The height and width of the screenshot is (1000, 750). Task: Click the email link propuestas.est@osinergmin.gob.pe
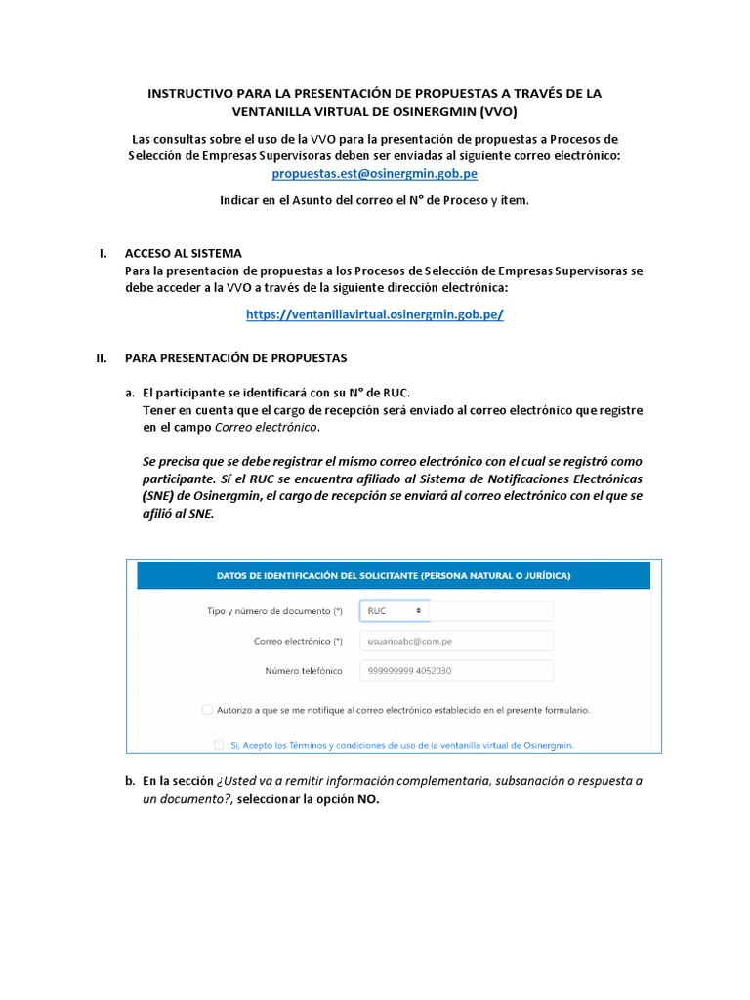374,174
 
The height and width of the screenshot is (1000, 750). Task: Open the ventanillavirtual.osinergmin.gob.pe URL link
374,314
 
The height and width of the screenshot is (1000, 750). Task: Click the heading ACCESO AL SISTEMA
184,254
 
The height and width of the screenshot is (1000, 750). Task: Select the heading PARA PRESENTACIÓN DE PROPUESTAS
235,358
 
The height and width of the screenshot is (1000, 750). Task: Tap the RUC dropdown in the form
394,610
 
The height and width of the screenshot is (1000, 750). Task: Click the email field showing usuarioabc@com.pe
455,641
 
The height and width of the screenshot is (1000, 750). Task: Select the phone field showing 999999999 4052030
455,671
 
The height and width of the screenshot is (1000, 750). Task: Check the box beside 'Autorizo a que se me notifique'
207,710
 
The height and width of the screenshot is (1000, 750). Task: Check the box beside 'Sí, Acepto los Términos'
219,744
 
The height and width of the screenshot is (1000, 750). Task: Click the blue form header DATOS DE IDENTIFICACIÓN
394,575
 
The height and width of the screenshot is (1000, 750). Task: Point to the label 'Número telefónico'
304,671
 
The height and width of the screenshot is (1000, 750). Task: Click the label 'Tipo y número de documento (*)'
275,611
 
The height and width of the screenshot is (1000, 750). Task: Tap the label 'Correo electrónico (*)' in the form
298,641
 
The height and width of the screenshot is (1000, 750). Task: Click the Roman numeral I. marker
103,254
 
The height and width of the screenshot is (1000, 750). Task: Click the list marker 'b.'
130,781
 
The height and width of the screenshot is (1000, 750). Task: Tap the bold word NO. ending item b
368,799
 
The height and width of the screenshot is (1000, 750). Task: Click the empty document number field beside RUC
490,610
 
